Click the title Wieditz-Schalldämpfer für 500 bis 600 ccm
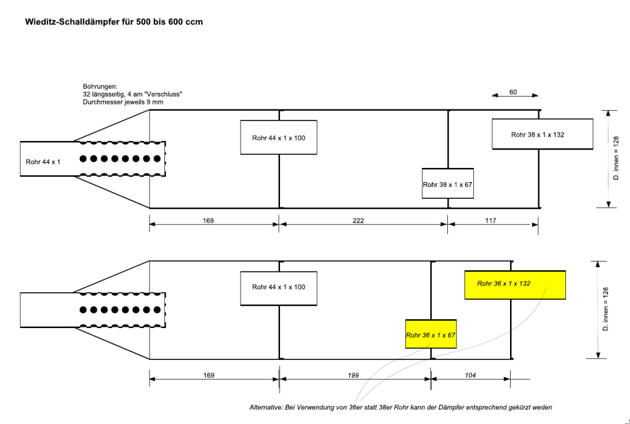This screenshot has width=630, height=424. click(114, 22)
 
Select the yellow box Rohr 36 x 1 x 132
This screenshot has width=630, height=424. click(515, 284)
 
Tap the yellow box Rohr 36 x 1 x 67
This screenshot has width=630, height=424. click(431, 335)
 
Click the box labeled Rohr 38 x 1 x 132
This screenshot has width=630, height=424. click(542, 135)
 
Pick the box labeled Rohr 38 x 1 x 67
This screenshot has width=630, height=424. click(448, 184)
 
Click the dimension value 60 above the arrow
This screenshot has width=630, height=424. click(513, 92)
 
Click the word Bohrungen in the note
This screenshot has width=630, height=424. click(99, 86)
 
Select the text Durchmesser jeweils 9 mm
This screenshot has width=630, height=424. click(123, 102)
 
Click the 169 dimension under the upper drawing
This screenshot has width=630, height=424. click(208, 220)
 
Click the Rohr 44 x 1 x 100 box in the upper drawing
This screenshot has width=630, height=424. click(279, 138)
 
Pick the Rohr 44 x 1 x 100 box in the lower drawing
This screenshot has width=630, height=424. click(279, 287)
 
